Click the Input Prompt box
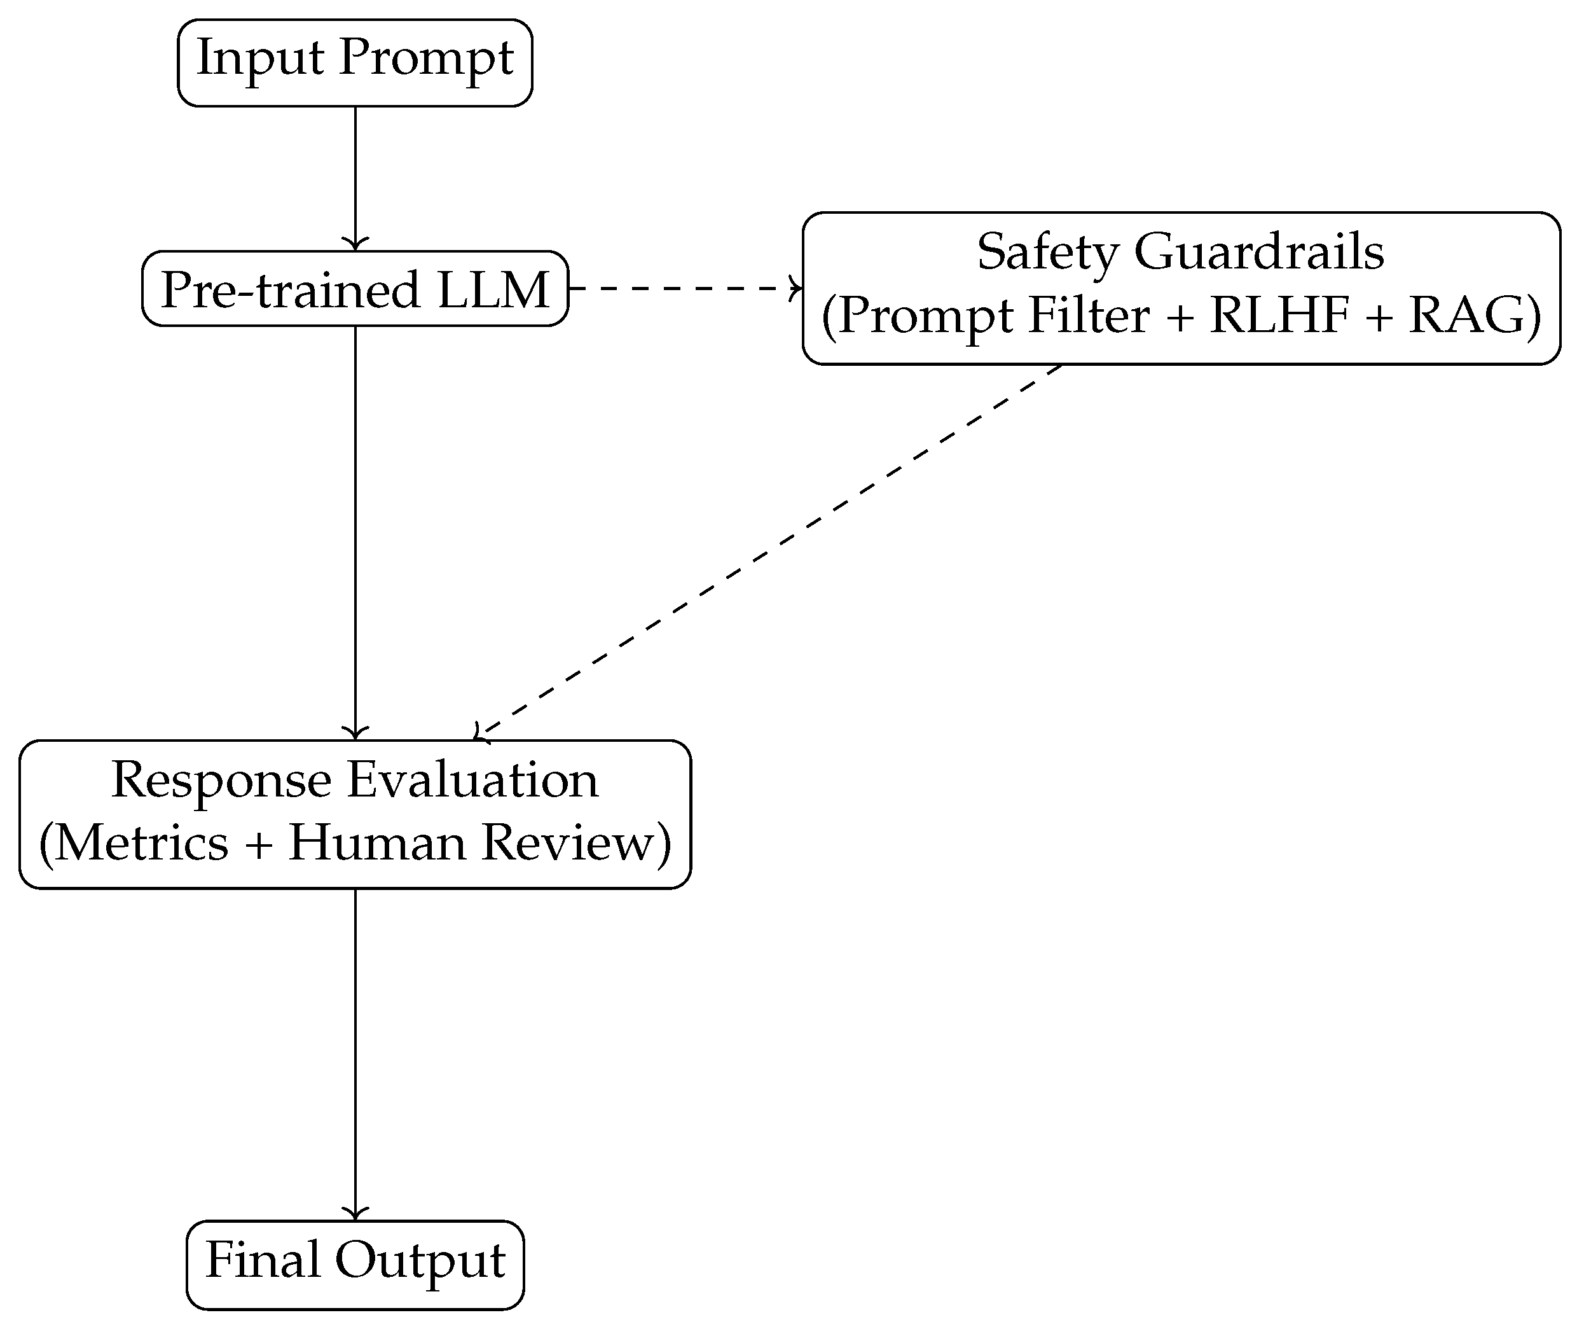tap(355, 62)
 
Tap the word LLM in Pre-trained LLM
tap(493, 290)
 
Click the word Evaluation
tap(472, 780)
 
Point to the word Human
tap(376, 843)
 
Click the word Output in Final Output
tap(420, 1261)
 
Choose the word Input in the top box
tap(260, 58)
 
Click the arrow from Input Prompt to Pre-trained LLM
tap(355, 177)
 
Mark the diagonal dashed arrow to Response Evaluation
tap(768, 551)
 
